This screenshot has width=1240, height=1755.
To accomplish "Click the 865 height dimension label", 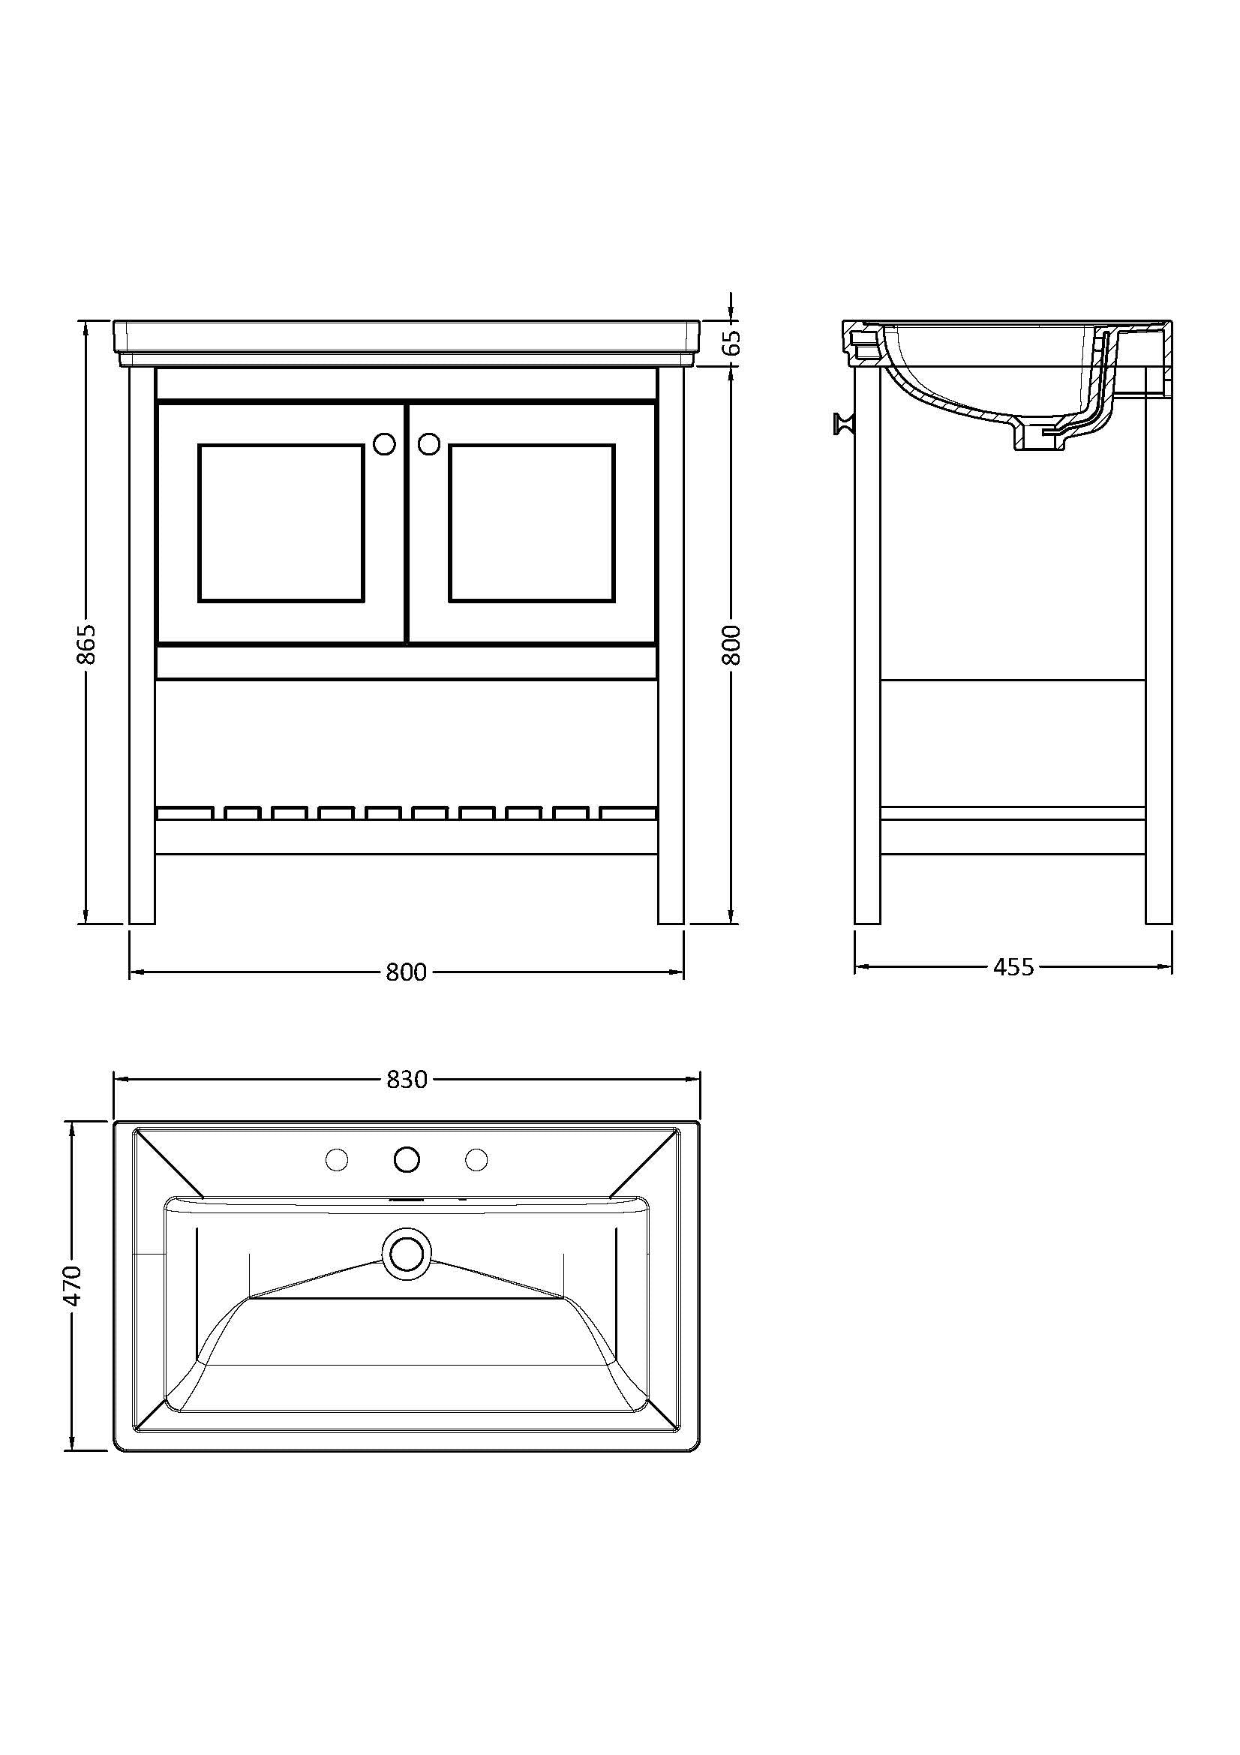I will [87, 645].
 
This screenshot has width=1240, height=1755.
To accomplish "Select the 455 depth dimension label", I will [1013, 968].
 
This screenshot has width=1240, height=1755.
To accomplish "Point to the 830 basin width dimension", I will [407, 1079].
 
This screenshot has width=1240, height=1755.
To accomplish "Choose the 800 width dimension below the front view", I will [406, 972].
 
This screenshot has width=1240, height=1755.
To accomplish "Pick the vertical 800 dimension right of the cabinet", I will [731, 645].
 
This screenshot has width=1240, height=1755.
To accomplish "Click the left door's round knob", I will [383, 443].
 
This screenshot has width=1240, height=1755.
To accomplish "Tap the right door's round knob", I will [429, 443].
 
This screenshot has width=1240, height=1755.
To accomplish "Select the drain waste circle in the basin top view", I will [407, 1253].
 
